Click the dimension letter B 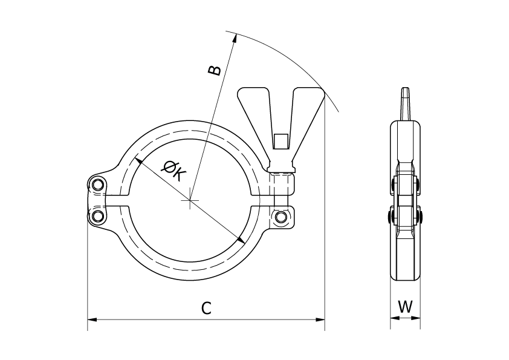pyautogui.click(x=214, y=70)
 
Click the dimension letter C pyautogui.click(x=206, y=309)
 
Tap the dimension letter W pyautogui.click(x=405, y=306)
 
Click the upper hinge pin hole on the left pyautogui.click(x=97, y=185)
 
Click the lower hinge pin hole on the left pyautogui.click(x=97, y=215)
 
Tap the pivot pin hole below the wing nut pyautogui.click(x=280, y=217)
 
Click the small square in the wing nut pyautogui.click(x=280, y=141)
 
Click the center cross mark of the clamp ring pyautogui.click(x=190, y=200)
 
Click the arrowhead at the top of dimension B pyautogui.click(x=233, y=39)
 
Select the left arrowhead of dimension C pyautogui.click(x=92, y=319)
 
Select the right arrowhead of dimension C pyautogui.click(x=320, y=319)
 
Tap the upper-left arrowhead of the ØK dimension pyautogui.click(x=138, y=161)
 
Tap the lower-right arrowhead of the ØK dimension pyautogui.click(x=241, y=240)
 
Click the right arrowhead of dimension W pyautogui.click(x=415, y=318)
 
